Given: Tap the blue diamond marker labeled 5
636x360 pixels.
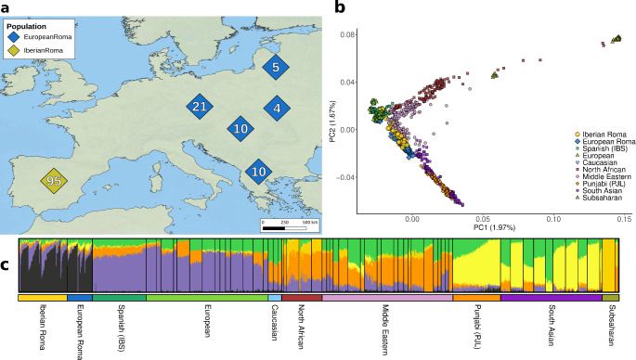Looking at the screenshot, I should coord(276,67).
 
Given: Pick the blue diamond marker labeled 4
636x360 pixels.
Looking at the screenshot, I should coord(276,109).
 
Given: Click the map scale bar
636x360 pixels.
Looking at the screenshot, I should coord(285,225).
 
